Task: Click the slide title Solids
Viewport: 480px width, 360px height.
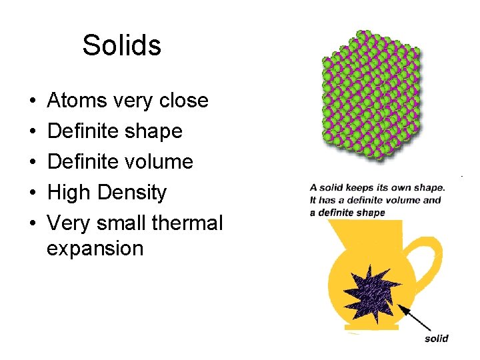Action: tap(121, 46)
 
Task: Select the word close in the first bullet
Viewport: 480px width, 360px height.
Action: tap(184, 101)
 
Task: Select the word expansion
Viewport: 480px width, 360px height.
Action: tap(95, 249)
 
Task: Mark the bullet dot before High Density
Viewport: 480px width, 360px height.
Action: tap(33, 193)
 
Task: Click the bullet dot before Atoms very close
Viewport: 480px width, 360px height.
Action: tap(33, 101)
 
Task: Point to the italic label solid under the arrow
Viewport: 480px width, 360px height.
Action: tap(436, 339)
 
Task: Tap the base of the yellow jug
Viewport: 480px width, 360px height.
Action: tap(371, 327)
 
